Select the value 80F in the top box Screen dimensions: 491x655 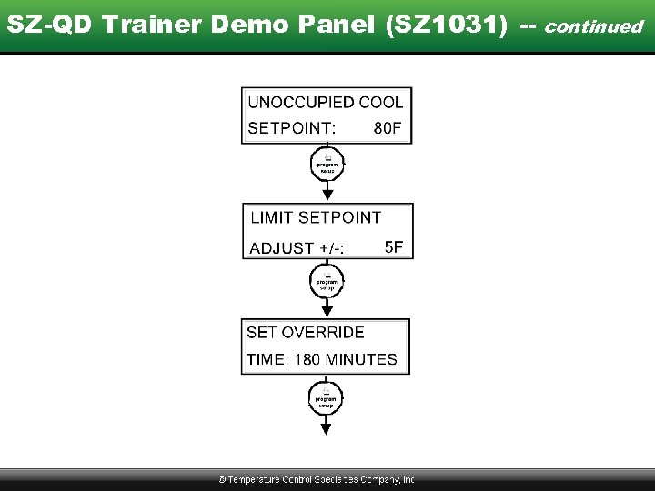click(x=388, y=128)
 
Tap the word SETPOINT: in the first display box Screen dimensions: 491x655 click(x=291, y=128)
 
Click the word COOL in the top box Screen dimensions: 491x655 click(x=381, y=103)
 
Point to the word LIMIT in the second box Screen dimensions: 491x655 click(x=272, y=217)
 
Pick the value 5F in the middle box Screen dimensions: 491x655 click(x=394, y=246)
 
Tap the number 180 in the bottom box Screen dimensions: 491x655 click(x=307, y=359)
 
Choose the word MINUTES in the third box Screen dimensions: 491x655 click(x=361, y=359)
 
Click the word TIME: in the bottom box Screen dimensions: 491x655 click(x=267, y=359)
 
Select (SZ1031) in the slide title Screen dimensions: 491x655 click(x=446, y=25)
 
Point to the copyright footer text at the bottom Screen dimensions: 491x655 click(x=317, y=479)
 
